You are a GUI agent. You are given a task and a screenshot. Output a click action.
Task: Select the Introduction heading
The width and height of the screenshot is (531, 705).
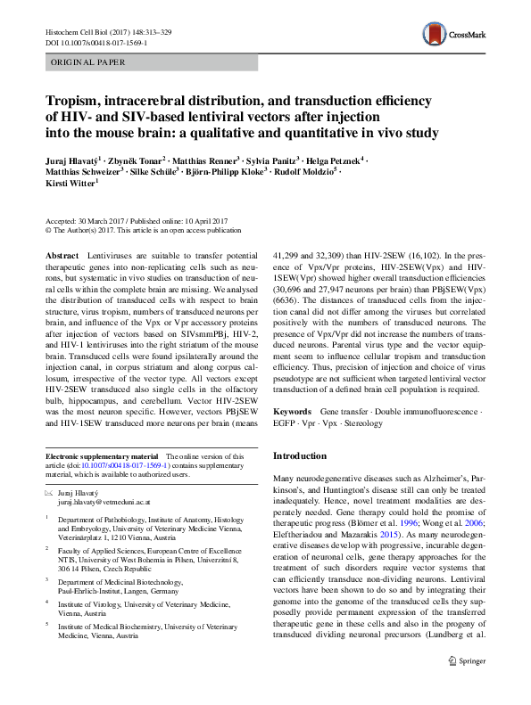(x=301, y=456)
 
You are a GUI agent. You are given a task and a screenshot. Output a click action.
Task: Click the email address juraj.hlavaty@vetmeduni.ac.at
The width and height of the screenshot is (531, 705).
(x=108, y=503)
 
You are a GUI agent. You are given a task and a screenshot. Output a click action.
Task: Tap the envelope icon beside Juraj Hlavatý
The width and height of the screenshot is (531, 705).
(x=49, y=491)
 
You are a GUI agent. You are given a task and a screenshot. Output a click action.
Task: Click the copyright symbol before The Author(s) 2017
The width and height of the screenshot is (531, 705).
(x=48, y=229)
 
